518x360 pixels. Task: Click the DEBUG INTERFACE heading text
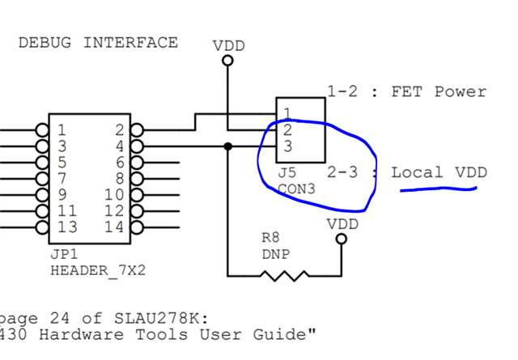[98, 43]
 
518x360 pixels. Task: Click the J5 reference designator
[287, 173]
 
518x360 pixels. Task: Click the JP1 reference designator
[62, 254]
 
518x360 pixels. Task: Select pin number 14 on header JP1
[114, 227]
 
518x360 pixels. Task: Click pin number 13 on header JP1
[68, 227]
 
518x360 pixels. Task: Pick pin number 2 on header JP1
[119, 129]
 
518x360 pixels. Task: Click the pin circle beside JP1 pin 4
[136, 146]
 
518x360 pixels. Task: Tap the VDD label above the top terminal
[228, 46]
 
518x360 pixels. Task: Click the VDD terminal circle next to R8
[342, 239]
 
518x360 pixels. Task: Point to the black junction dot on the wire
[228, 146]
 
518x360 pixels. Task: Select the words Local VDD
[439, 172]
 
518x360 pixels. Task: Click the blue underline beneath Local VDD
[438, 191]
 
